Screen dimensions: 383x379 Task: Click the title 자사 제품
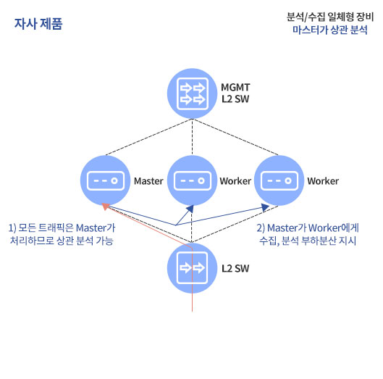[x=38, y=24]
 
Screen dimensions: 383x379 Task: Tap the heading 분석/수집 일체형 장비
[x=330, y=17]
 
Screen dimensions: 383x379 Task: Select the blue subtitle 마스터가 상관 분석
[x=330, y=30]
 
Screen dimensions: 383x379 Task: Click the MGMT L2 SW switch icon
[x=193, y=93]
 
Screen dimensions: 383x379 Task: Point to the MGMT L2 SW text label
[x=235, y=93]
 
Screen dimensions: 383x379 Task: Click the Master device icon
[x=105, y=180]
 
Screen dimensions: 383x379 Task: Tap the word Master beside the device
[x=148, y=181]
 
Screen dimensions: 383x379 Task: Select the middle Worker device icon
[x=193, y=180]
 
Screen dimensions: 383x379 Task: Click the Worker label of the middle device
[x=235, y=181]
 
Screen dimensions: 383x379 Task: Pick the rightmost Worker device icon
[x=279, y=180]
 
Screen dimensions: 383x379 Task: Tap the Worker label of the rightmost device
[x=323, y=181]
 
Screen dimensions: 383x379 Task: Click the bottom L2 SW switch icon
[x=193, y=268]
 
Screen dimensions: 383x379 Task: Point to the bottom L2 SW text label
[x=235, y=268]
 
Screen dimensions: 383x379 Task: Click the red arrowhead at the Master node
[x=105, y=207]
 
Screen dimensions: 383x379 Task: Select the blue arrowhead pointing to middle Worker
[x=190, y=209]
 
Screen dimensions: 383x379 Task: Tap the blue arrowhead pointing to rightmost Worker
[x=265, y=207]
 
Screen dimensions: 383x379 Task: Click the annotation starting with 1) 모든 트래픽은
[x=62, y=234]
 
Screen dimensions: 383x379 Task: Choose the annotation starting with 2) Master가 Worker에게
[x=308, y=234]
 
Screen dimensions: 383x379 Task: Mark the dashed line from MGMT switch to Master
[x=148, y=137]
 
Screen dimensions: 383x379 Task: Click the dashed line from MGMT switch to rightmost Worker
[x=236, y=137]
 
